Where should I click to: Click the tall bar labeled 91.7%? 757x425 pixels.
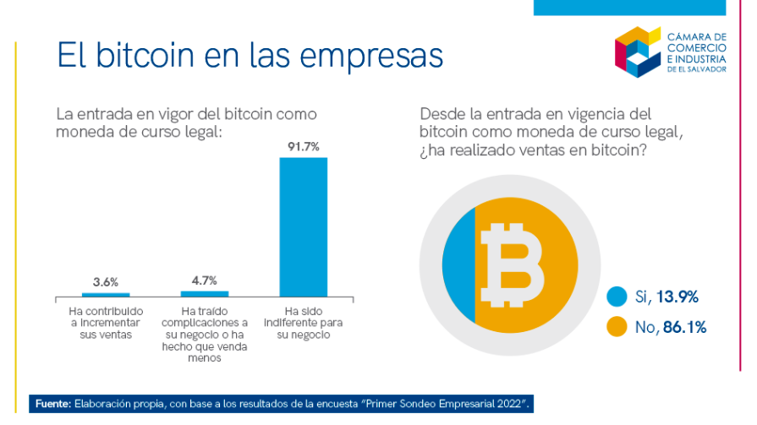pos(303,226)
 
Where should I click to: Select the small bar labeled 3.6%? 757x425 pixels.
pos(106,295)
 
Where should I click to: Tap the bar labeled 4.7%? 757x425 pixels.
pos(205,294)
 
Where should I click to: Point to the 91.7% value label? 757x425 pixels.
pos(303,147)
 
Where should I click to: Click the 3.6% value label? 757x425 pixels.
pos(106,281)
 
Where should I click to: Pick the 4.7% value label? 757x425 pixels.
pos(205,280)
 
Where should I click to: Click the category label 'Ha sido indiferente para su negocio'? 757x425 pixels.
pos(303,322)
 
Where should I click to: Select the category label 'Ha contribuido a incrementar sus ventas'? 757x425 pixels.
pos(106,322)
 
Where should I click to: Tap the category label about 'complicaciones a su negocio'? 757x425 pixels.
pos(205,334)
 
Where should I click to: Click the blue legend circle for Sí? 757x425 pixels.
pos(617,297)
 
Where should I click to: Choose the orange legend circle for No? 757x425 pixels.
pos(617,326)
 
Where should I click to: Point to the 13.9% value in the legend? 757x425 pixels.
pos(677,297)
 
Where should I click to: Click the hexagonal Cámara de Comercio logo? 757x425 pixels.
pos(637,51)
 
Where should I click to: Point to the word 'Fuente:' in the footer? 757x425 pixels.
pos(52,404)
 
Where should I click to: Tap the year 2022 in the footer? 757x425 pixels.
pos(508,404)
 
